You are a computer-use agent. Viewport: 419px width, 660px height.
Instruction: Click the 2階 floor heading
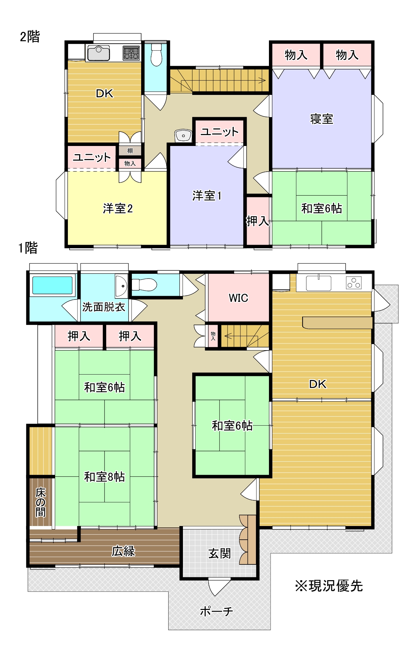tap(30, 36)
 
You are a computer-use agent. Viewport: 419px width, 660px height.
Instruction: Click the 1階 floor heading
tap(28, 247)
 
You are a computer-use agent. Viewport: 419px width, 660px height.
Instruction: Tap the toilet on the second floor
tap(156, 55)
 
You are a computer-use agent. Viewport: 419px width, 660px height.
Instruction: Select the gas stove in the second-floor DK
tap(131, 53)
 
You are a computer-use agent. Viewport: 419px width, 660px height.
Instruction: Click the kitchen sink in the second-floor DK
tap(98, 53)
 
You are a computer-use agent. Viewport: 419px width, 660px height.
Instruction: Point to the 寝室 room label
tap(321, 119)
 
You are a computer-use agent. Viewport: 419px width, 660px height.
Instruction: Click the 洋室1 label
tap(207, 196)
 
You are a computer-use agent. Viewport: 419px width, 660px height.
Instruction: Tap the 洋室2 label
tap(118, 208)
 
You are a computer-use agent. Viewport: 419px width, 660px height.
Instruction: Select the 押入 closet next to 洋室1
tap(258, 221)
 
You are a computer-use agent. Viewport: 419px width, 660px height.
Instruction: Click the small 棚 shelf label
tap(130, 151)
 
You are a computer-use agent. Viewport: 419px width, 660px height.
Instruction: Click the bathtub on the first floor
tap(52, 285)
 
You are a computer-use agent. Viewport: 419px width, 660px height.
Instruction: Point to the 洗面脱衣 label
tap(103, 307)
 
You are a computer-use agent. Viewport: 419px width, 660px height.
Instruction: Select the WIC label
tap(238, 298)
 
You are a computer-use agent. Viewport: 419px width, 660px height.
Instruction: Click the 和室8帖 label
tap(104, 477)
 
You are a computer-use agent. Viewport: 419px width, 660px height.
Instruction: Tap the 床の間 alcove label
tap(40, 502)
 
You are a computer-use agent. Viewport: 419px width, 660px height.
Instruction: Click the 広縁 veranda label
tap(123, 551)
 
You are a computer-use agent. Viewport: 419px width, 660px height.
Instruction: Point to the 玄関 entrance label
tap(220, 553)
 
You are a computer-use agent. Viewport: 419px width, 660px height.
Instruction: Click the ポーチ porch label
tap(216, 611)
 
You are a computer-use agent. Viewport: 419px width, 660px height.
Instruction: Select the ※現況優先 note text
tap(329, 586)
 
